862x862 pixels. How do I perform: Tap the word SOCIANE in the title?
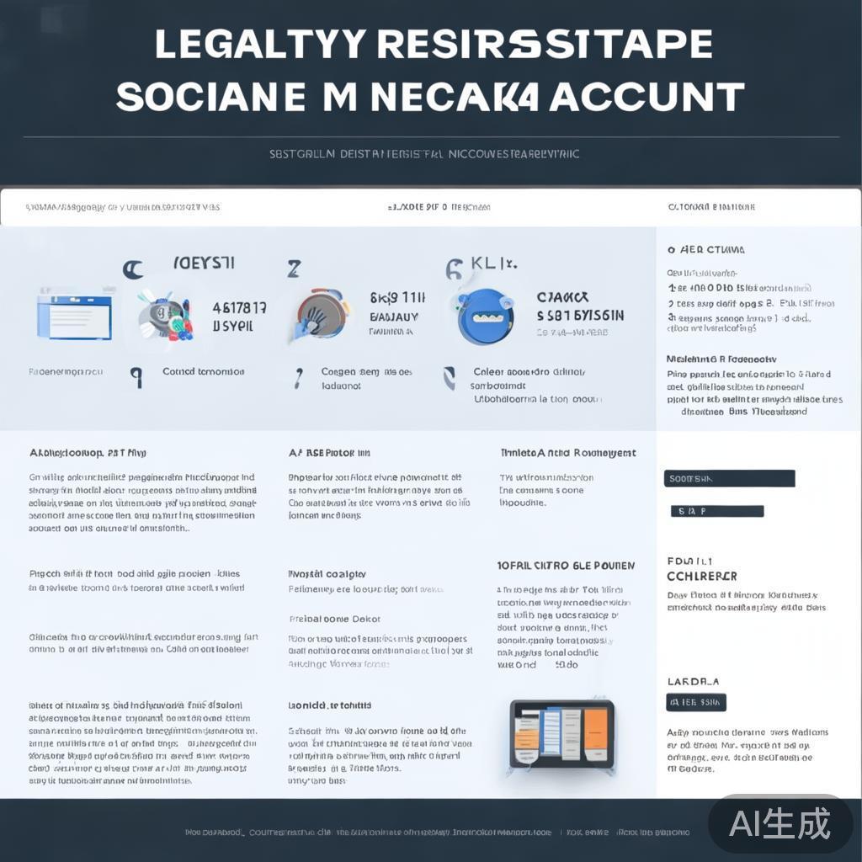point(210,97)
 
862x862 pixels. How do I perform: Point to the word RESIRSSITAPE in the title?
point(545,45)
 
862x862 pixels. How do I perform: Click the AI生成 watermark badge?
point(780,823)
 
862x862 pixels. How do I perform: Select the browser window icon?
point(76,312)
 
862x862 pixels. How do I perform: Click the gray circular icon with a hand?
point(321,315)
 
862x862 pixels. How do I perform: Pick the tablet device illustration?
point(562,732)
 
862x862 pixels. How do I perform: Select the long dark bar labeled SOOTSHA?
point(729,478)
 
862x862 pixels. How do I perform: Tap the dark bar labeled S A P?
point(716,511)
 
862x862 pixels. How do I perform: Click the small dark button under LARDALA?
point(696,702)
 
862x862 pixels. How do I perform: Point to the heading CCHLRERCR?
point(701,577)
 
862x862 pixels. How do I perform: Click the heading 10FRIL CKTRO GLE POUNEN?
point(566,566)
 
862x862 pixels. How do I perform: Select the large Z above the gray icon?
point(294,269)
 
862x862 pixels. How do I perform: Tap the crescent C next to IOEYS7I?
point(132,269)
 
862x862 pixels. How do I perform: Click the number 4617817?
point(239,308)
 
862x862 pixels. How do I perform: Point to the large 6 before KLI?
point(454,269)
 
